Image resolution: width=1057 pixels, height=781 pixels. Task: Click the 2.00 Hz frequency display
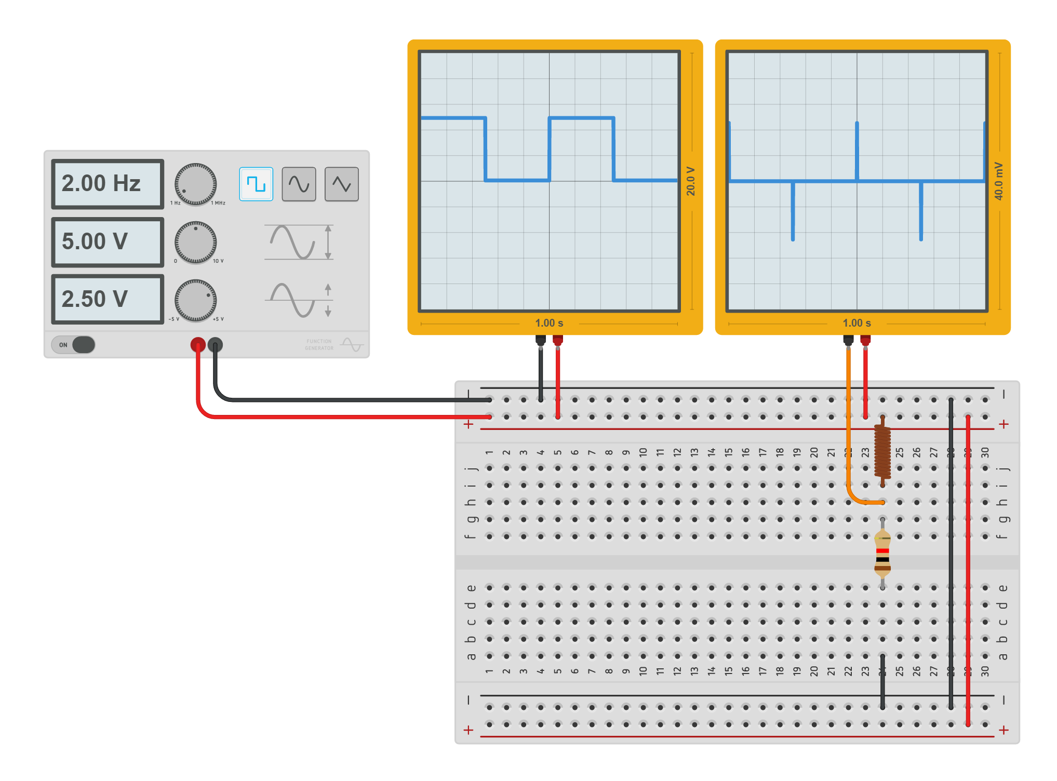click(108, 184)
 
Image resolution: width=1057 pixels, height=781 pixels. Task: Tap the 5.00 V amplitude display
click(108, 242)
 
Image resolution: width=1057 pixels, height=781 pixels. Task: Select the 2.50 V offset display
click(108, 300)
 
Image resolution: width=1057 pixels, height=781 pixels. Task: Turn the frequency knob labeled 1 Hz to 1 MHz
click(195, 184)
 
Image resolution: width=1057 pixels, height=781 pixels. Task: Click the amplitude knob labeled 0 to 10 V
click(195, 243)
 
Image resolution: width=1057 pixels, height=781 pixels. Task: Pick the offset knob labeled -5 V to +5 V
click(195, 301)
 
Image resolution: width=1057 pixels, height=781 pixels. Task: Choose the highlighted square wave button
click(256, 184)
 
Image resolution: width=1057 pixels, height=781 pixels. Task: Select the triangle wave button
click(341, 184)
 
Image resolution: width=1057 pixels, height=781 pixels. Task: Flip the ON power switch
click(74, 345)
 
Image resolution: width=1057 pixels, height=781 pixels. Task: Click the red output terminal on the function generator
click(197, 344)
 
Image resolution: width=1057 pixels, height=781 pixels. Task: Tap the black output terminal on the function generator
click(215, 344)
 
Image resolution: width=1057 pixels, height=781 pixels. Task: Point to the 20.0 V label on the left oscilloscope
click(691, 181)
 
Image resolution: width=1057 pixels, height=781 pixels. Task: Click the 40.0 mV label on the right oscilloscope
click(998, 181)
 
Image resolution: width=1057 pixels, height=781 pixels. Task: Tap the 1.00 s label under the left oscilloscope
click(549, 323)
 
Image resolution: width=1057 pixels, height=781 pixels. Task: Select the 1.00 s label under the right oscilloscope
click(857, 323)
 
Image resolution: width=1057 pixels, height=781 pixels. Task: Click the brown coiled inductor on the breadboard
click(882, 451)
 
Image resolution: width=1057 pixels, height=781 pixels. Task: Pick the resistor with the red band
click(882, 554)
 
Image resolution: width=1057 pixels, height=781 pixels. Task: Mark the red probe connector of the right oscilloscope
click(865, 341)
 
